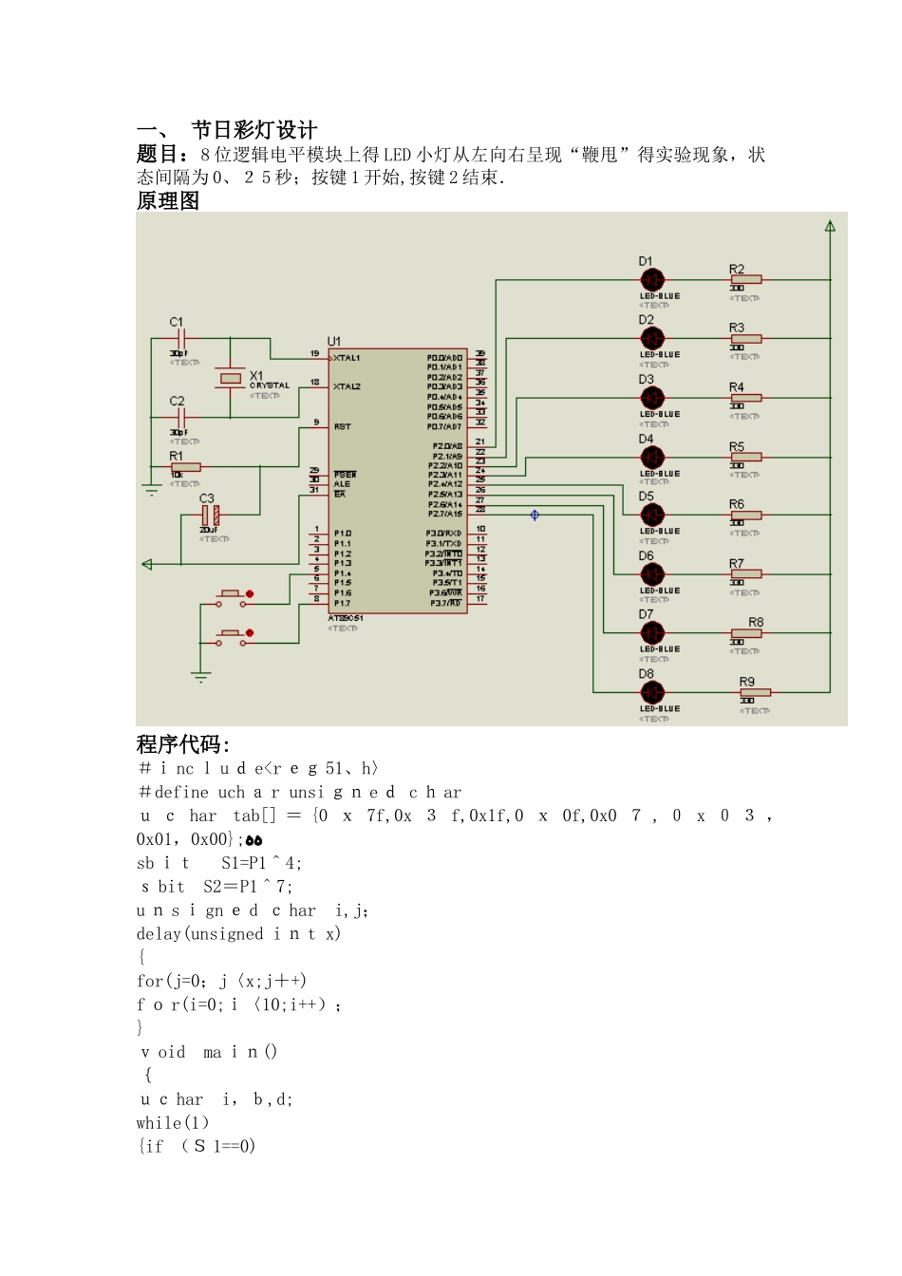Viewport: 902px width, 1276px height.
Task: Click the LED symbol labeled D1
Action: (652, 280)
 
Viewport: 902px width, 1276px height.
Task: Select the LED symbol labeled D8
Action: (652, 692)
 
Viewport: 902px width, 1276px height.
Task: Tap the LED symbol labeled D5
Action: (652, 516)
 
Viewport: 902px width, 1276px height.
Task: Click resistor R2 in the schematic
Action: (745, 280)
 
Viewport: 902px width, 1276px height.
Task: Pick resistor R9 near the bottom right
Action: (756, 692)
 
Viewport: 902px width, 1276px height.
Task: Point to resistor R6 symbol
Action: (745, 516)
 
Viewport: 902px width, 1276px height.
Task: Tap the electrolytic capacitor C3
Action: (211, 516)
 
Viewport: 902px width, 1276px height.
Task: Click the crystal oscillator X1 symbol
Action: (231, 378)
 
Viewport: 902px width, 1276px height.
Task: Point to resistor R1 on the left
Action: (185, 467)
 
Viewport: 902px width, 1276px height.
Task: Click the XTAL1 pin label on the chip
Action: (348, 358)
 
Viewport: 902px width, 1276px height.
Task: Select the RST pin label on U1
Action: (343, 427)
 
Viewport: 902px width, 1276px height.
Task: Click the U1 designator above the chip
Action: (334, 341)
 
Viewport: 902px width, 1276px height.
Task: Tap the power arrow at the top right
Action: (830, 226)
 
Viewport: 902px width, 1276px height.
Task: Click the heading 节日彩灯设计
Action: (254, 130)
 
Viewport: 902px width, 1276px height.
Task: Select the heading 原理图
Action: (168, 200)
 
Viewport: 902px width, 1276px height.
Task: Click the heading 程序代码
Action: (182, 744)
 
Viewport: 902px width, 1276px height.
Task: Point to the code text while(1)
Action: (173, 1122)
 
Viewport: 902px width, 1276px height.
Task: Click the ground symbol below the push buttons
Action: (200, 677)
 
